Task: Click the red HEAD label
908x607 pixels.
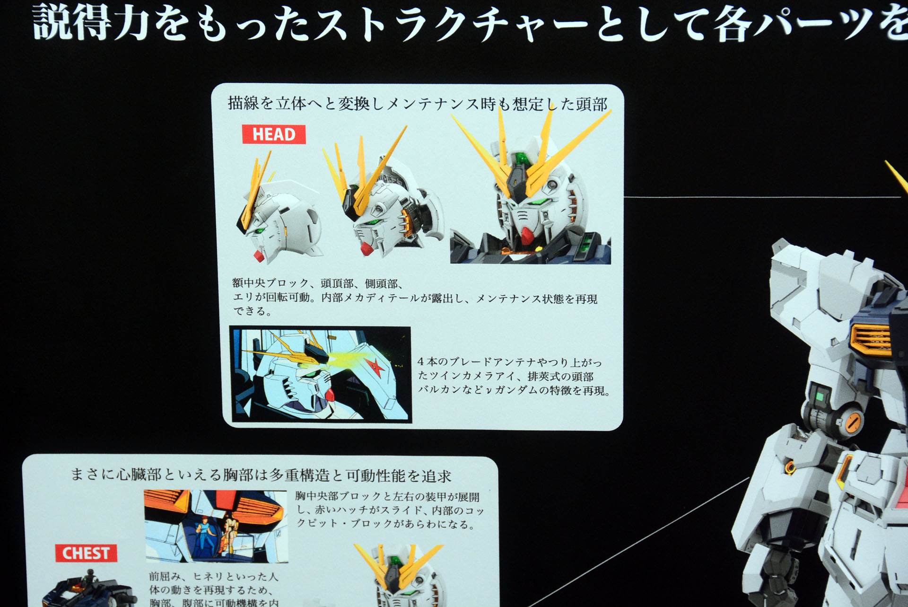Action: [x=273, y=134]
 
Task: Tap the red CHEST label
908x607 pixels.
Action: [x=86, y=553]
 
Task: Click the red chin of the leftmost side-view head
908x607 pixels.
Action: [x=259, y=256]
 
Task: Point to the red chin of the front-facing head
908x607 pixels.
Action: [x=528, y=234]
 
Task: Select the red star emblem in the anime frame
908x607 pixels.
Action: [x=374, y=367]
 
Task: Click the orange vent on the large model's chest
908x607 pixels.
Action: [x=870, y=338]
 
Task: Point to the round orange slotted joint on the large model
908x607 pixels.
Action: [x=853, y=422]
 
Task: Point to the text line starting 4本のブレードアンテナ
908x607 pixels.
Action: [x=509, y=362]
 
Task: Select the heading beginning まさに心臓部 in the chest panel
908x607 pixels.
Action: [x=260, y=475]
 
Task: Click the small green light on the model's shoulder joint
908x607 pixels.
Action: [x=820, y=396]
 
